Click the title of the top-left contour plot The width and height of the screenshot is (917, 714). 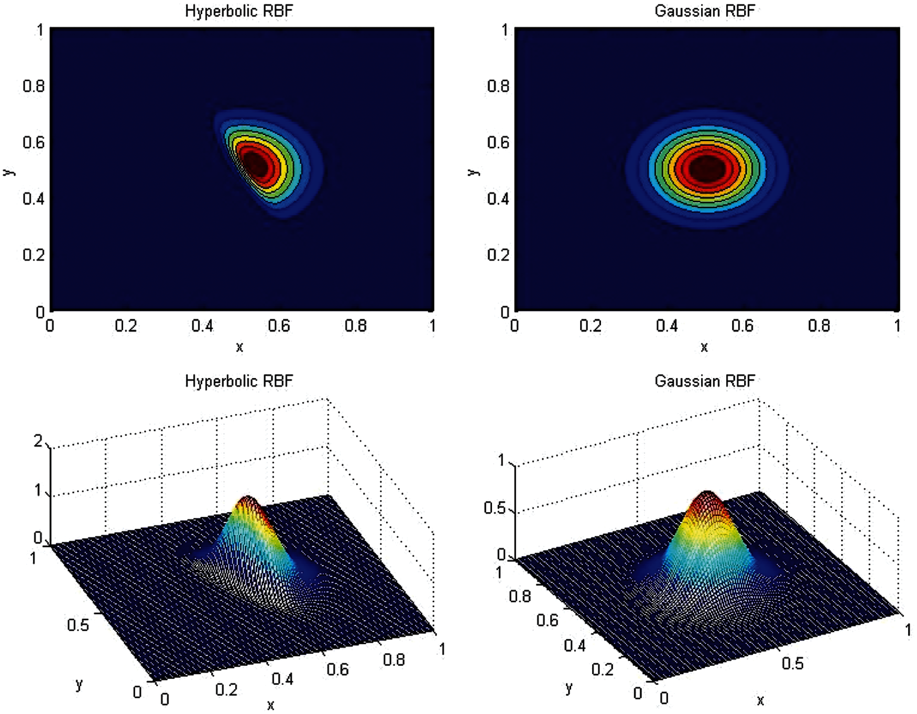[239, 11]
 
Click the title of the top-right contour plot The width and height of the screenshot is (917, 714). [705, 11]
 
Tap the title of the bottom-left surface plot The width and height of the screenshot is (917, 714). [239, 381]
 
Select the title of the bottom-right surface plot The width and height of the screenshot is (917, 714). [705, 381]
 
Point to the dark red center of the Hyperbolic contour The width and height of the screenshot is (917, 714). [257, 164]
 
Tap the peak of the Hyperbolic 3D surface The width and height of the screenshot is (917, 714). [247, 498]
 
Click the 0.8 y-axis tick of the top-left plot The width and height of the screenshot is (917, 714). [34, 86]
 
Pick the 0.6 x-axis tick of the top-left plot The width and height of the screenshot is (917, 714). [279, 326]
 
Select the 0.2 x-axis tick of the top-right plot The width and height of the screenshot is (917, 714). [591, 326]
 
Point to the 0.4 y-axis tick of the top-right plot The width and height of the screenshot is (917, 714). [498, 199]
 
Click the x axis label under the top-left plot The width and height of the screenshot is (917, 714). [239, 347]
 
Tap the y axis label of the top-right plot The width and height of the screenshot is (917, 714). [473, 172]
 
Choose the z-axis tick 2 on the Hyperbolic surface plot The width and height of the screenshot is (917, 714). [38, 441]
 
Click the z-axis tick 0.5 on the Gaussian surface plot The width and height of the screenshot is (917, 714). [495, 508]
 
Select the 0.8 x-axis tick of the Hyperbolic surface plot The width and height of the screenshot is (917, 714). [394, 660]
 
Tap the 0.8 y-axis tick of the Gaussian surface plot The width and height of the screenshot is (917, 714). [520, 596]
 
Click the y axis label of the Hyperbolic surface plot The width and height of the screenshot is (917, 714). [79, 684]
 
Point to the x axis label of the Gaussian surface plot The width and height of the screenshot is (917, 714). [760, 700]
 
